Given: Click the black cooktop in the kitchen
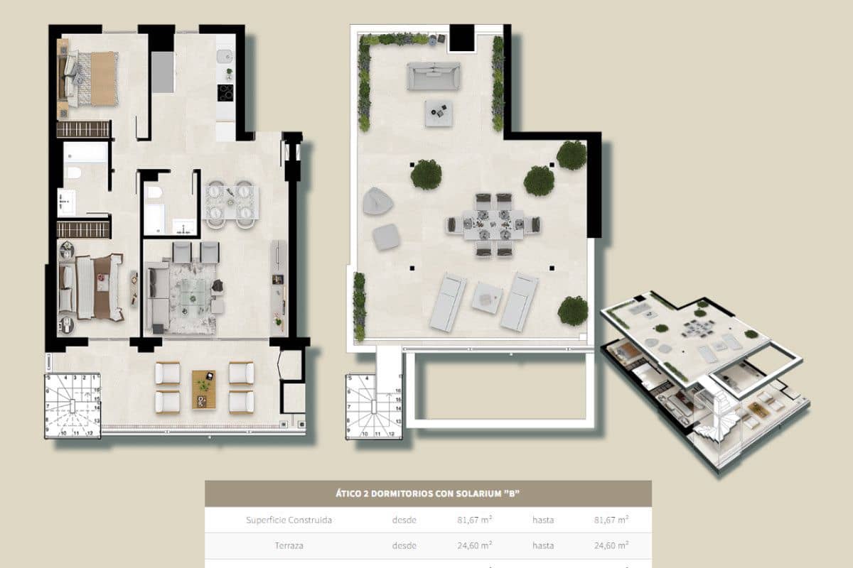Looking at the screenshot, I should [x=225, y=94].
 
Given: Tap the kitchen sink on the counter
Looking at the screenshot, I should [x=225, y=55].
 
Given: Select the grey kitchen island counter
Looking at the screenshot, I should [x=163, y=72].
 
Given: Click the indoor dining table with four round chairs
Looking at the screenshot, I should [x=232, y=202].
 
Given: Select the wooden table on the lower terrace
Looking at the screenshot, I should [x=204, y=389].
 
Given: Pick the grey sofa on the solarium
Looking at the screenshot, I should [x=433, y=75].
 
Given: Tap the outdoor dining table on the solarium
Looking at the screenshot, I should [x=493, y=224].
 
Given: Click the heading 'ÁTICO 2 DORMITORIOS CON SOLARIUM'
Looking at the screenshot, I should [x=428, y=493].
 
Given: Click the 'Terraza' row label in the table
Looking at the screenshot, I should [x=289, y=545].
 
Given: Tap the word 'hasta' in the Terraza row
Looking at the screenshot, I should [x=543, y=545].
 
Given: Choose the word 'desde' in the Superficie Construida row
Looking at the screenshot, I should [x=404, y=520].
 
